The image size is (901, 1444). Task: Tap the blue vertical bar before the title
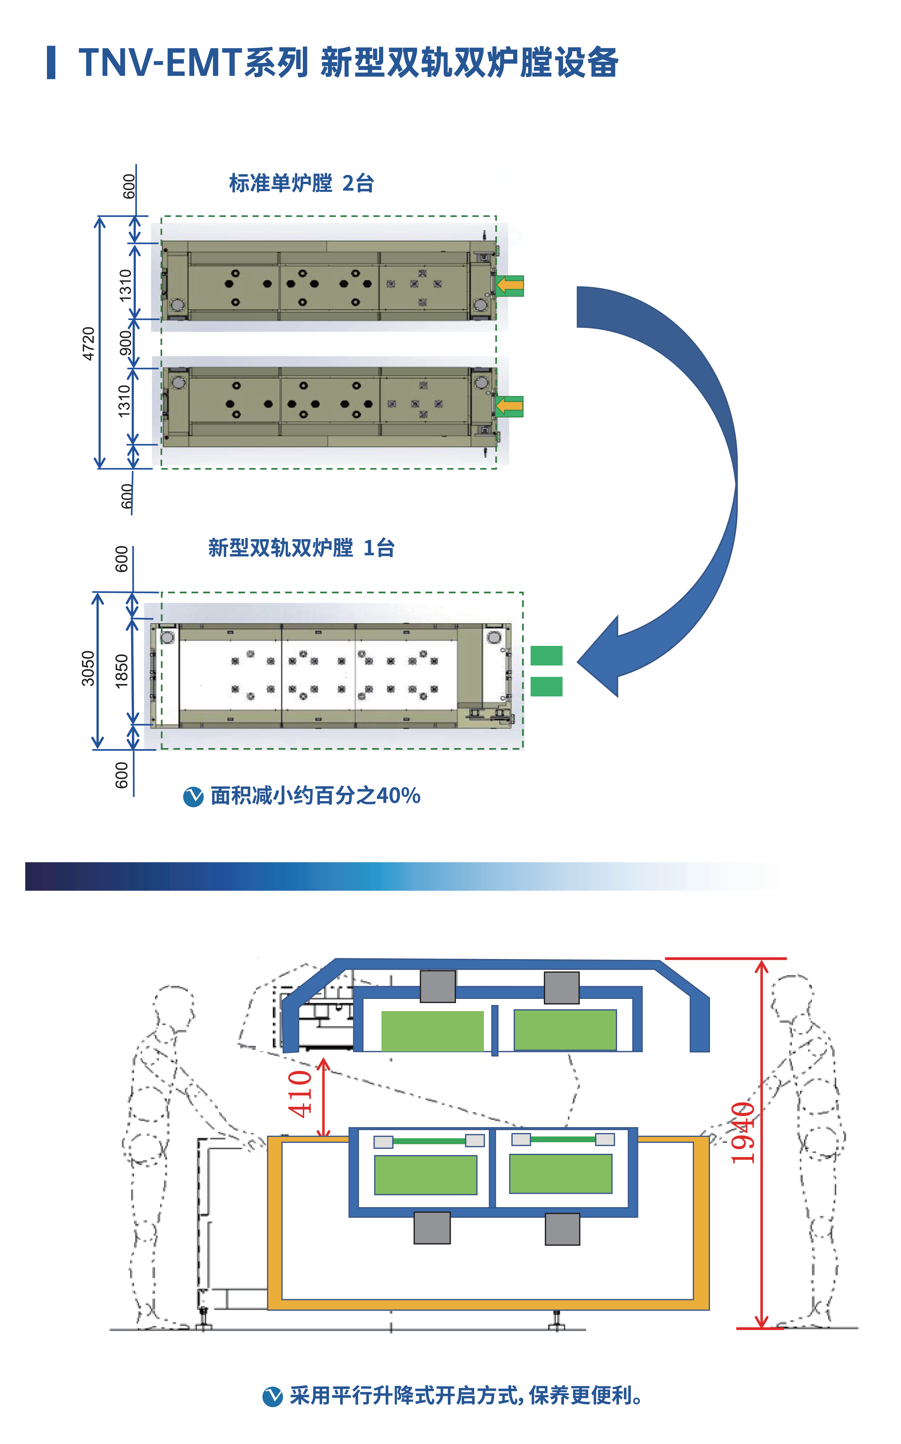click(51, 63)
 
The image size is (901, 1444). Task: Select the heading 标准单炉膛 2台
click(301, 183)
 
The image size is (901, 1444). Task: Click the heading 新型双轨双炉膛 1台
click(301, 547)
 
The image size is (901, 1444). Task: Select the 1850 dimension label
click(122, 671)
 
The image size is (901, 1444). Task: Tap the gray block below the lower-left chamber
click(432, 1228)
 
